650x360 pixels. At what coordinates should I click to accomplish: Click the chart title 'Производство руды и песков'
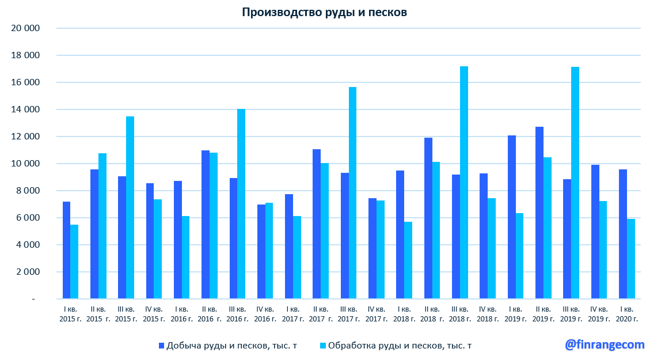[x=324, y=13]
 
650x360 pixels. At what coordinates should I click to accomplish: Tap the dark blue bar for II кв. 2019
[x=539, y=213]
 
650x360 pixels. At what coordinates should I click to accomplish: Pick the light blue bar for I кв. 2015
[x=74, y=262]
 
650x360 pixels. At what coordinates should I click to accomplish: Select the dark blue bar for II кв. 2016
[x=206, y=225]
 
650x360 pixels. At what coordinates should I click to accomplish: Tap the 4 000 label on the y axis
[x=28, y=245]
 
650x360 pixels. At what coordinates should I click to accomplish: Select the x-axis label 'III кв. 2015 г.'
[x=126, y=314]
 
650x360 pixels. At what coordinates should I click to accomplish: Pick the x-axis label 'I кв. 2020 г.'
[x=627, y=314]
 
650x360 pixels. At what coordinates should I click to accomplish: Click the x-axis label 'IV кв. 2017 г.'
[x=376, y=314]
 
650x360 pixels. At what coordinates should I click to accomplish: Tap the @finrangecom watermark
[x=605, y=344]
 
